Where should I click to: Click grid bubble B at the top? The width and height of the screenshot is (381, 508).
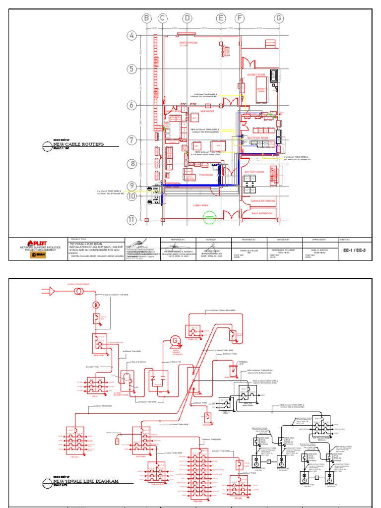[146, 18]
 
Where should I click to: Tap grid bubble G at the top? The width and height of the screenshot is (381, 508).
[279, 18]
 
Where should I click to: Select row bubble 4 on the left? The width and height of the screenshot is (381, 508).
[131, 36]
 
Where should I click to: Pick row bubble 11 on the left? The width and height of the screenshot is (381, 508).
[131, 219]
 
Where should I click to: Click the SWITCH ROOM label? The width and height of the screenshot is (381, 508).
[189, 43]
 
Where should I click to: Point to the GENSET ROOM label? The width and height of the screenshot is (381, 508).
[256, 74]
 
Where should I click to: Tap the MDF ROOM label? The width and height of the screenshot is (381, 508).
[206, 112]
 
